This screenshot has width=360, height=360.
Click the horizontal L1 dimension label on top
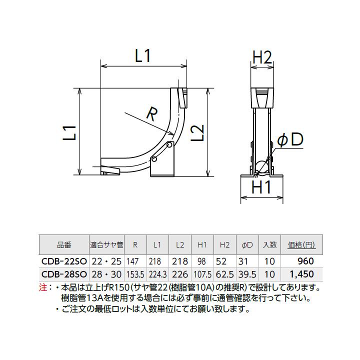tap(143, 56)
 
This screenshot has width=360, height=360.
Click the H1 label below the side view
tap(260, 188)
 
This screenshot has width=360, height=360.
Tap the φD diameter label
tap(290, 140)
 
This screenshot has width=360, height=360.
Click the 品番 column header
tap(64, 245)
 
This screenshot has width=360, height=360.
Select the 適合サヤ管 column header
tap(106, 245)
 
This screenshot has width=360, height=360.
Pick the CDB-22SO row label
tap(64, 261)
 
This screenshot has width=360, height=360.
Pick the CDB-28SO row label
tap(64, 274)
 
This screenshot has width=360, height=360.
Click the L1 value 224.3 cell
tap(157, 274)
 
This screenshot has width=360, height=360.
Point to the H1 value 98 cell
tap(202, 261)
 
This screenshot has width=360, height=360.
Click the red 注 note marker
tap(42, 288)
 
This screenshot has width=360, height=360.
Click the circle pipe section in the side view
tap(261, 168)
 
